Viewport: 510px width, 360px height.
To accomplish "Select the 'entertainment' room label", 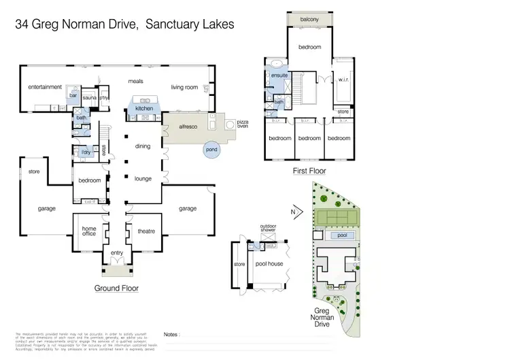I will coord(45,87).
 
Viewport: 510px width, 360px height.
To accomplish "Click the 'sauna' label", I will coord(89,98).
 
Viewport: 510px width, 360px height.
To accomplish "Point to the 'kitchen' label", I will coord(144,108).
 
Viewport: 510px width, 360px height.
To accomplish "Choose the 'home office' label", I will coord(89,232).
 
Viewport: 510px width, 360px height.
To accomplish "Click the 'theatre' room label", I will coord(146,231).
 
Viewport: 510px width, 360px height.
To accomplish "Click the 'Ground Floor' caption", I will coord(116,289).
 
